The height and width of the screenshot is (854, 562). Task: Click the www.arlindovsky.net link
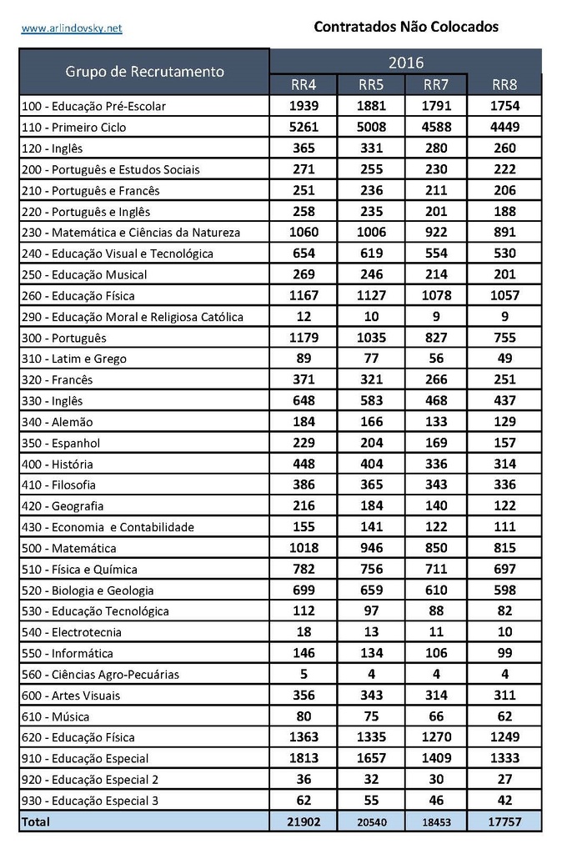click(x=72, y=28)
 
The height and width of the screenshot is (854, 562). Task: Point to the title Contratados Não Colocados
click(x=406, y=27)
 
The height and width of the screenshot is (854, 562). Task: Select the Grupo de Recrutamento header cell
click(x=144, y=71)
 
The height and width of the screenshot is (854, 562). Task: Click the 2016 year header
click(x=405, y=62)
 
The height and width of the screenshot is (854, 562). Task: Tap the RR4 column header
click(x=304, y=84)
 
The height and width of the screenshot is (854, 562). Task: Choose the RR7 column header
click(x=436, y=84)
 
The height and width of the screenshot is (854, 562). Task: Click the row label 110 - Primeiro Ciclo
click(x=74, y=128)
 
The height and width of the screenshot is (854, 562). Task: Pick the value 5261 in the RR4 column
click(x=304, y=127)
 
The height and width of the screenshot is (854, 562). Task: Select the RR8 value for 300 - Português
click(x=504, y=338)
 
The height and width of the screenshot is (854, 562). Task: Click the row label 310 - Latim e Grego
click(x=74, y=359)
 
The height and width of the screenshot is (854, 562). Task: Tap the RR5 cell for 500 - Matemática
click(x=370, y=548)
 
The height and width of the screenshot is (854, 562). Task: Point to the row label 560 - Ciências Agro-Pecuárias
click(x=100, y=675)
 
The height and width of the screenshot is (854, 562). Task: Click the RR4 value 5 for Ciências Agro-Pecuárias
click(x=304, y=674)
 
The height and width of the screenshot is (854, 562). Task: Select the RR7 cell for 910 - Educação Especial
click(x=436, y=758)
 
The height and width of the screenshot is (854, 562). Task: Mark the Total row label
click(x=36, y=822)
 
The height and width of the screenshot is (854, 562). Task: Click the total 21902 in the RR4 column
click(x=304, y=822)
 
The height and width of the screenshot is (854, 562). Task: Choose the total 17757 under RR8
click(x=504, y=822)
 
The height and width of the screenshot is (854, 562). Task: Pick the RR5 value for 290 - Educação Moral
click(x=370, y=316)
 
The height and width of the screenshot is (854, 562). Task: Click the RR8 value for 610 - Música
click(x=504, y=716)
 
